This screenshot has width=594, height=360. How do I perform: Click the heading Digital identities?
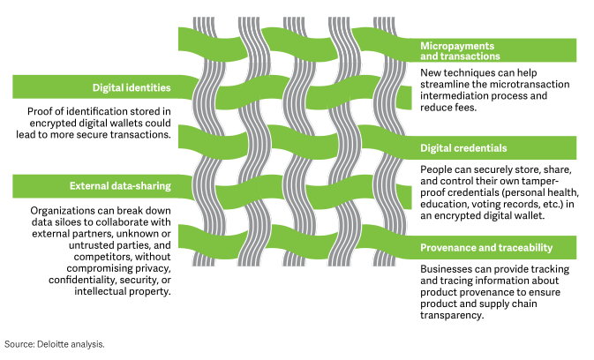click(132, 87)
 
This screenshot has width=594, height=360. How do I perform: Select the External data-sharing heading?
click(120, 186)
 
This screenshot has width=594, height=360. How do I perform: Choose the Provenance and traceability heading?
click(486, 247)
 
